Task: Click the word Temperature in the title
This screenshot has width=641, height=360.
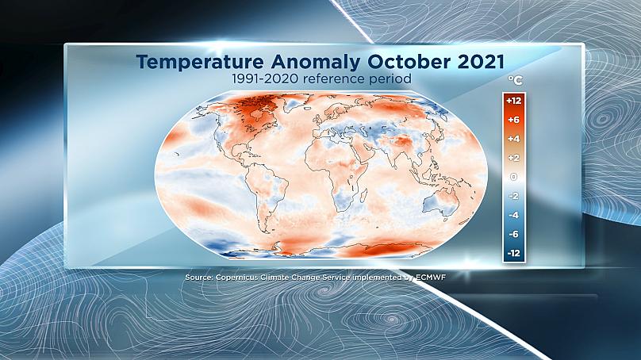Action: click(200, 62)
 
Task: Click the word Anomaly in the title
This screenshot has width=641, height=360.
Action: click(315, 63)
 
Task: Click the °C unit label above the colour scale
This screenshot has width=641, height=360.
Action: click(515, 79)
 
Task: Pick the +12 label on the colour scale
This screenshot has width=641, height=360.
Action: click(513, 101)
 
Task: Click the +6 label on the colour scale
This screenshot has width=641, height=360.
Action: click(513, 120)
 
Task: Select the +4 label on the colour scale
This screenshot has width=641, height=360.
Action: click(513, 139)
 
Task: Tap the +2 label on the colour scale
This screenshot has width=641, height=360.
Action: click(513, 158)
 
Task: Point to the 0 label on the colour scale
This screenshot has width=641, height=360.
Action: click(514, 177)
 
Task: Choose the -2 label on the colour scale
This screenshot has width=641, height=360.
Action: click(513, 196)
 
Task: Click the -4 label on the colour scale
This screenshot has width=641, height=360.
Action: click(513, 215)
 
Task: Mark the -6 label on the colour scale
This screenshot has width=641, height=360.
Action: click(513, 234)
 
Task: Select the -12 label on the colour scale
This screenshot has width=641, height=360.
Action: click(513, 254)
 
